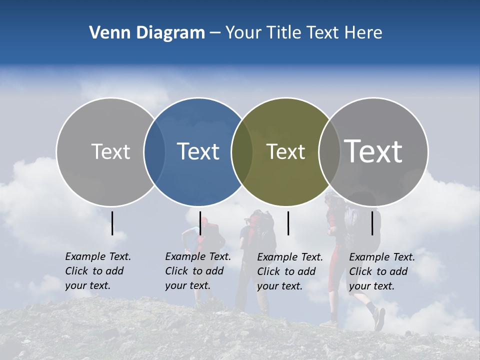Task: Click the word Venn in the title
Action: tap(107, 33)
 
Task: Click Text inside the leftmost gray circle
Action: tap(110, 151)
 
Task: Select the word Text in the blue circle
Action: tap(198, 151)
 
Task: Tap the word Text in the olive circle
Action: tap(285, 151)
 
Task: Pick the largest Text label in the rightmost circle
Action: tap(373, 151)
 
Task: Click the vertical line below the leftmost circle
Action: tap(112, 223)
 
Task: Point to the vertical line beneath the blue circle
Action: tap(200, 223)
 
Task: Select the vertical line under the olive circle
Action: tap(288, 223)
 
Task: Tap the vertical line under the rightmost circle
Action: tap(372, 223)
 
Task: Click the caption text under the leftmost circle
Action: tap(98, 271)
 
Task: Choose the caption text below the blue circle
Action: tap(198, 271)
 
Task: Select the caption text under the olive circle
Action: tap(290, 271)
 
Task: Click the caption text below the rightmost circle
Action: tap(382, 271)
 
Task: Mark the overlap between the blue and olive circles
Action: tap(242, 151)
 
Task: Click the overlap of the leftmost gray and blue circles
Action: tap(154, 151)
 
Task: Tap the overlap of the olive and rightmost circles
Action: tap(329, 151)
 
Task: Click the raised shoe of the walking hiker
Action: tap(379, 318)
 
